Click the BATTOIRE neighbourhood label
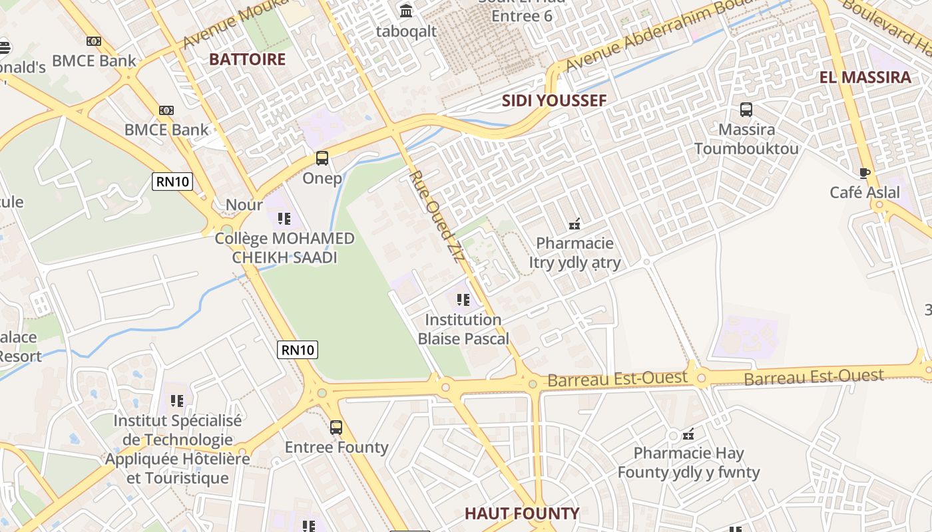pos(247,59)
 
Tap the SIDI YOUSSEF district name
pos(554,100)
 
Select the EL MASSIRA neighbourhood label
pos(865,77)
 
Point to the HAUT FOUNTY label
pos(522,513)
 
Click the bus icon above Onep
pos(322,158)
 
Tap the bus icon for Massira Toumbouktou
pos(746,110)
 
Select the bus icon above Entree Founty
pos(336,428)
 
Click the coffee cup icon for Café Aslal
pos(865,174)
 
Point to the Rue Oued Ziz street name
pos(436,217)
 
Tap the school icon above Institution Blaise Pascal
pos(463,300)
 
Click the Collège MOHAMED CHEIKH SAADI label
pos(284,247)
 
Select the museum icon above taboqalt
pos(406,11)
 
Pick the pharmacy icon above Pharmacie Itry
pos(575,224)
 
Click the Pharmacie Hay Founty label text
pos(688,463)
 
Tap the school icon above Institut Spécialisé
pos(177,401)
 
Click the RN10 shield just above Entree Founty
pos(298,350)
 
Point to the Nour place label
pos(244,204)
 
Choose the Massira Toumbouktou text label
pos(746,138)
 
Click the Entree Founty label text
pos(336,447)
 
